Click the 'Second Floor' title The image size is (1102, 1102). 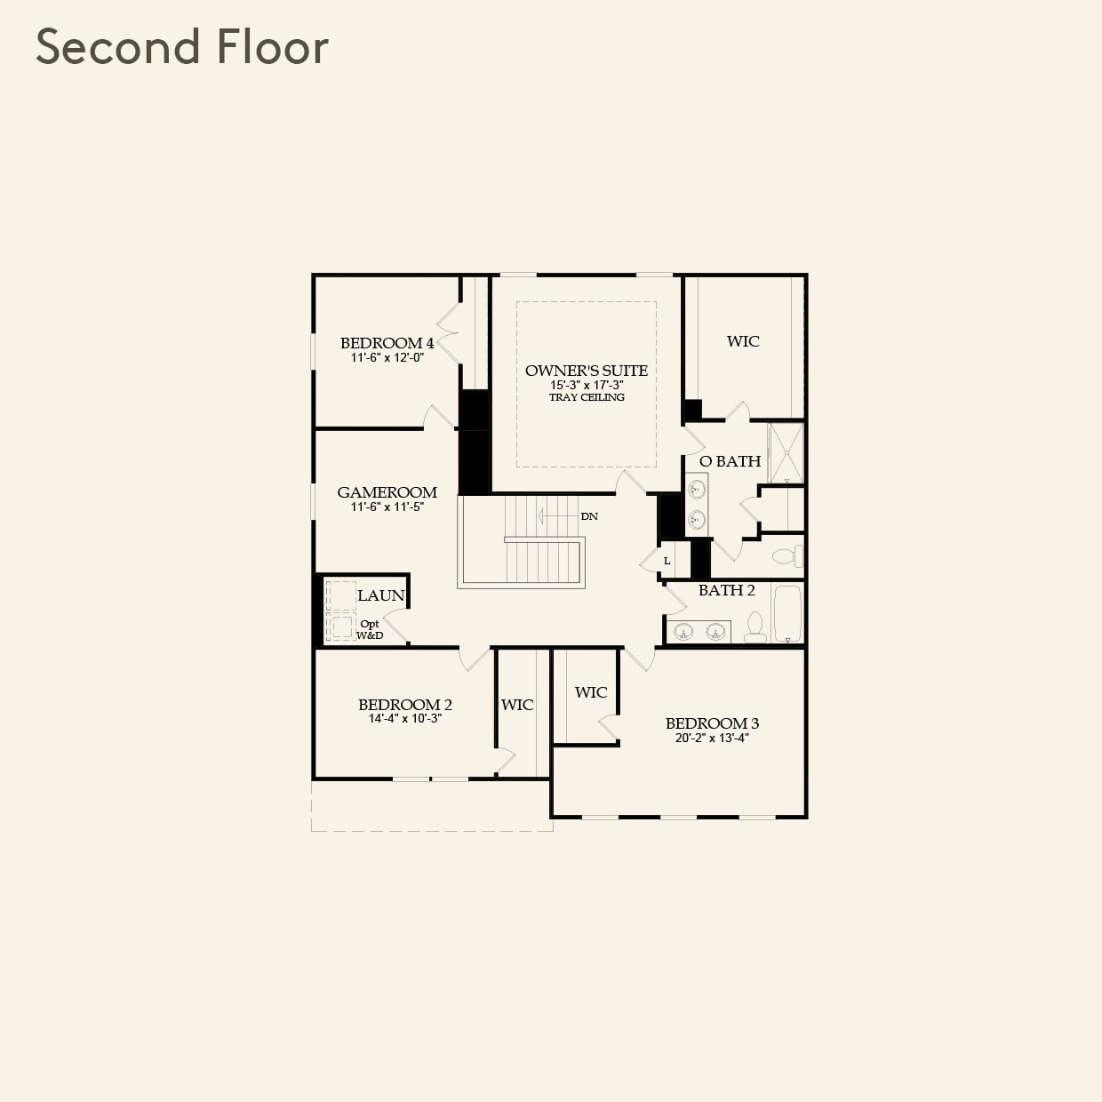tap(182, 47)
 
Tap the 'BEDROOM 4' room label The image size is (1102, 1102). tap(387, 343)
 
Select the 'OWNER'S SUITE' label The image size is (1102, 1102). tap(586, 371)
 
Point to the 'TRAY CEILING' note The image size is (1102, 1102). tap(587, 397)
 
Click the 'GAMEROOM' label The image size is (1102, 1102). tap(387, 492)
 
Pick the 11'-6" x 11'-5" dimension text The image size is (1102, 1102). tap(387, 507)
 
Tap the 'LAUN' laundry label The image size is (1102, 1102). tap(381, 595)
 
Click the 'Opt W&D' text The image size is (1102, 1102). tap(370, 629)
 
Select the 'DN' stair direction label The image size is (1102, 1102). tap(589, 516)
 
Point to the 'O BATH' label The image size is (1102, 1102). tap(730, 461)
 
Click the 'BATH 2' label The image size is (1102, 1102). tap(726, 590)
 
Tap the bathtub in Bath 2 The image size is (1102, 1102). tap(787, 613)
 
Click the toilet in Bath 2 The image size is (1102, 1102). tap(755, 627)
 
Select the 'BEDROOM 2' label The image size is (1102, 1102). tap(404, 705)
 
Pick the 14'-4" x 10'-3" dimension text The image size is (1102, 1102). tap(404, 719)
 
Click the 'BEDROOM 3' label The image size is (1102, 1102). tap(712, 723)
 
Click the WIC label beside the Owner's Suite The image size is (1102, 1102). tap(743, 341)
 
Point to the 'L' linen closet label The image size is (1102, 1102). tap(667, 561)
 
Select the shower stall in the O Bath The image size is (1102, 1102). tap(786, 453)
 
